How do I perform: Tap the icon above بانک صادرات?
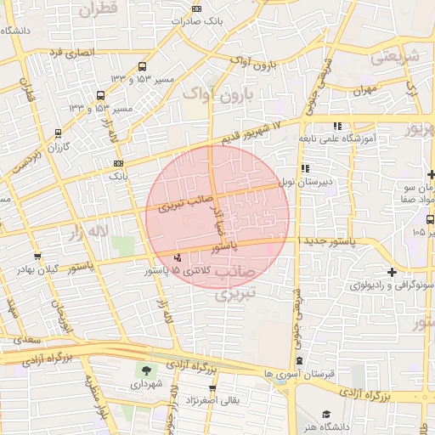[196, 8]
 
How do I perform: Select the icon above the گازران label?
[58, 133]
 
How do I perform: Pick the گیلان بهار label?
[36, 269]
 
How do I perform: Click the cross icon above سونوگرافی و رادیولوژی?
[391, 272]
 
